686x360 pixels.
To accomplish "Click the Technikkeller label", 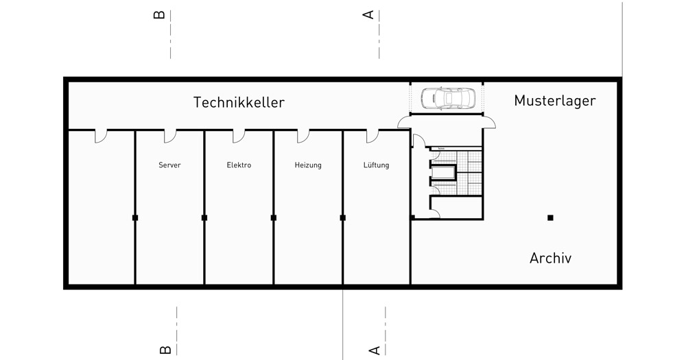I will click(x=239, y=103).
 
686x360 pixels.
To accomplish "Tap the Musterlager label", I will click(x=555, y=101).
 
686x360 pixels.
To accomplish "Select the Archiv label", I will click(x=550, y=259).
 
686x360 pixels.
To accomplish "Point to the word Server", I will click(x=169, y=165).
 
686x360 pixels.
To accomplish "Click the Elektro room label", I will click(x=239, y=165).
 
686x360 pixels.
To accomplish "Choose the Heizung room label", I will click(x=308, y=165).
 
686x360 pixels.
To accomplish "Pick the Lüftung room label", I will click(x=377, y=165).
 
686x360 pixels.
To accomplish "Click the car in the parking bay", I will click(x=447, y=99).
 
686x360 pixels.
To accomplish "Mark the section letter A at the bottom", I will click(x=375, y=349).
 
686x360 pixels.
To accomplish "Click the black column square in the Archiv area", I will click(x=550, y=217).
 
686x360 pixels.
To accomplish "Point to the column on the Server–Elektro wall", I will click(x=204, y=217).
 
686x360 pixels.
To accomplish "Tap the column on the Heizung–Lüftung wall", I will click(x=342, y=217).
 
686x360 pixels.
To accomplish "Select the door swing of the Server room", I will click(x=170, y=136).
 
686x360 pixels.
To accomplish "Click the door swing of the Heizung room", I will click(x=303, y=136).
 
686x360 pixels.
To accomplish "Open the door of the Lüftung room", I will click(x=372, y=136).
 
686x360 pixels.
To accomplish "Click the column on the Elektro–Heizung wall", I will click(x=274, y=217).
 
